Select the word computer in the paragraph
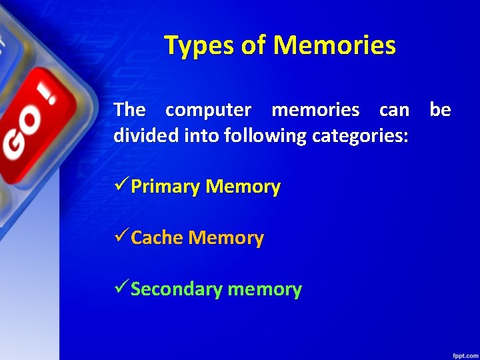[x=208, y=109]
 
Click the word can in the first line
[x=394, y=109]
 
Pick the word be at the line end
[x=440, y=109]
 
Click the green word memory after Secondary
[x=265, y=289]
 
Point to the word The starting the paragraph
[x=129, y=109]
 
